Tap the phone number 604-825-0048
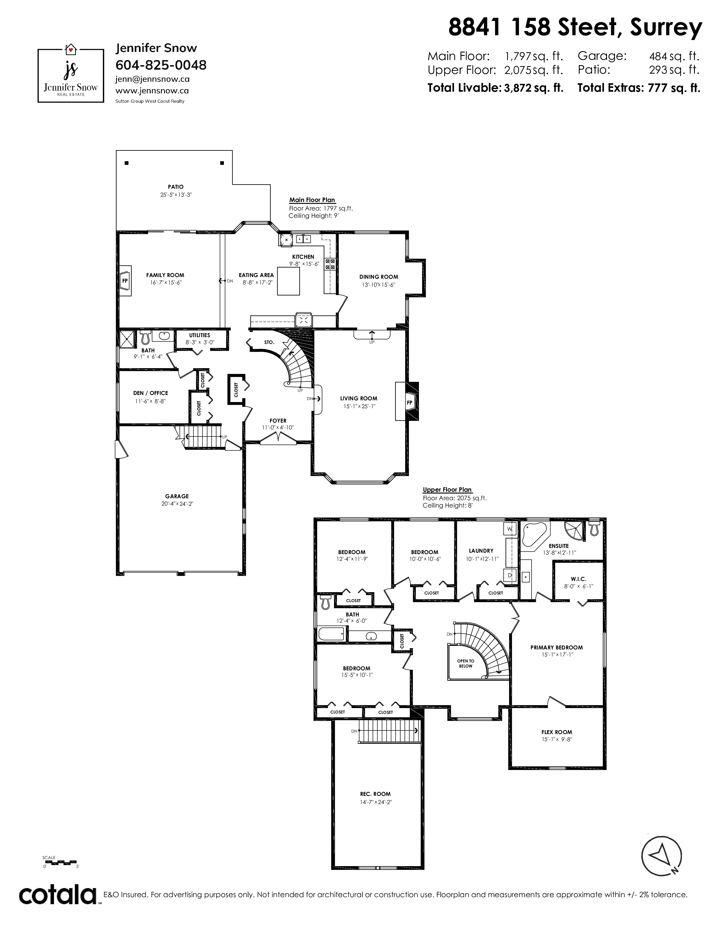click(x=161, y=65)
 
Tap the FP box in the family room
click(x=125, y=281)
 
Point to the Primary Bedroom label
click(x=557, y=647)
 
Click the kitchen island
click(x=288, y=281)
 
